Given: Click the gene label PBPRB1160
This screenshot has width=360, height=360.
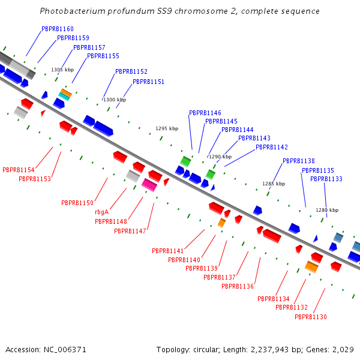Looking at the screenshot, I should (x=58, y=29).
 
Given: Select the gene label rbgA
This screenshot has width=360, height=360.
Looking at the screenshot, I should (x=101, y=212).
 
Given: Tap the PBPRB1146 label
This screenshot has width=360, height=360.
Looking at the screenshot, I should (x=205, y=113).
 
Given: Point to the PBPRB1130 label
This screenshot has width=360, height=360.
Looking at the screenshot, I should (x=310, y=317).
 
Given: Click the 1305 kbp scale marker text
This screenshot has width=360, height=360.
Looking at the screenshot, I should (x=62, y=70).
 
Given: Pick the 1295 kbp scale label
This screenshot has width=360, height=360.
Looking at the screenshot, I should (x=167, y=128).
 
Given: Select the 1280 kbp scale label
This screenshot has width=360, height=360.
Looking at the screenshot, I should (x=327, y=210).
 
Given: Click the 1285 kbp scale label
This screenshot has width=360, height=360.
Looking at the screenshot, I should (x=274, y=184).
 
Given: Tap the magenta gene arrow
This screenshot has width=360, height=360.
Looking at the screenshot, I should (x=149, y=185).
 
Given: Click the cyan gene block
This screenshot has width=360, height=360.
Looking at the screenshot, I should (x=64, y=97).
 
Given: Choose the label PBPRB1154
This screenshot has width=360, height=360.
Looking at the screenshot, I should (x=18, y=170).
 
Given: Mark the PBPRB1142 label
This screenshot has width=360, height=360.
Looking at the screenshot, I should (x=271, y=147).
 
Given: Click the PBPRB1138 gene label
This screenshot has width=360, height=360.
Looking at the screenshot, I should (x=298, y=161).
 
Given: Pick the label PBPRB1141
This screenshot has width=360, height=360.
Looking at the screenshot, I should (x=167, y=251).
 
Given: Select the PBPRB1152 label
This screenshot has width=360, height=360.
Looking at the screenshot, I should (x=131, y=71).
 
